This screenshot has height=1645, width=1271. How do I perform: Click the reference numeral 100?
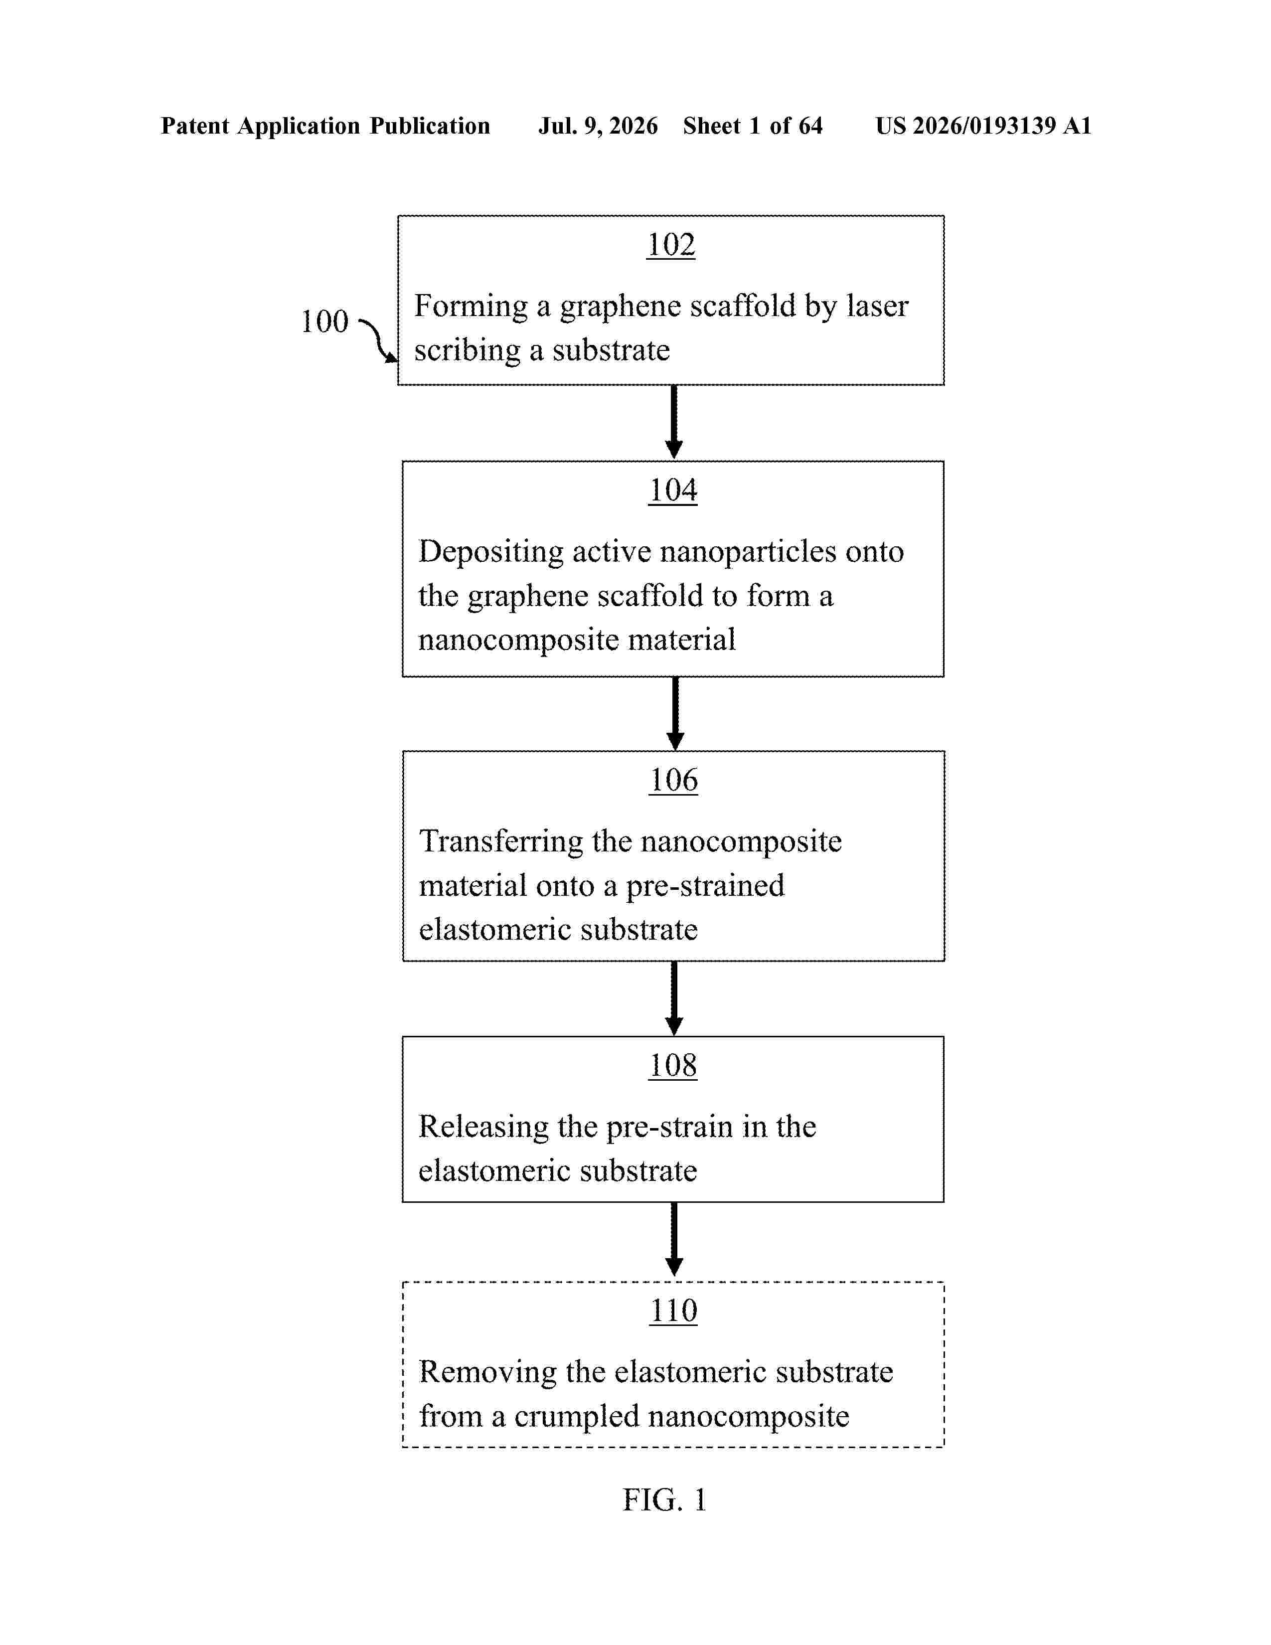(324, 322)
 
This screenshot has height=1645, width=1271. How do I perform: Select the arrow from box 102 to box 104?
(674, 422)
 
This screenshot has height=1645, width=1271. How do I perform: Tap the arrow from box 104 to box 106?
(675, 713)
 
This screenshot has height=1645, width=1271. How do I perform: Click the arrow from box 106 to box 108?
(674, 999)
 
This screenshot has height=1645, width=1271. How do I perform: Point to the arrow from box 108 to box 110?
(674, 1239)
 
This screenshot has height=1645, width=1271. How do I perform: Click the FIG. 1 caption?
(664, 1500)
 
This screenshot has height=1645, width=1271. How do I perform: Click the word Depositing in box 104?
(491, 552)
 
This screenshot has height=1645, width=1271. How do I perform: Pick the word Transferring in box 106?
(501, 842)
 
